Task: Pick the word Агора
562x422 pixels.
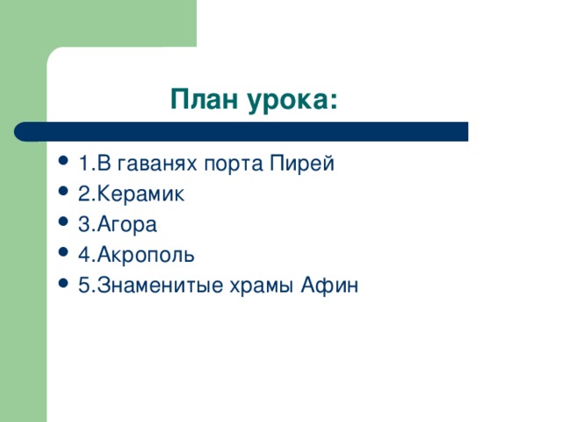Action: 127,225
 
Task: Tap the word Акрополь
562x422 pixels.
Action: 145,255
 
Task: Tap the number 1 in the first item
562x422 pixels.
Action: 82,164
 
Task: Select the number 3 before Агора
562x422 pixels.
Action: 83,224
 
